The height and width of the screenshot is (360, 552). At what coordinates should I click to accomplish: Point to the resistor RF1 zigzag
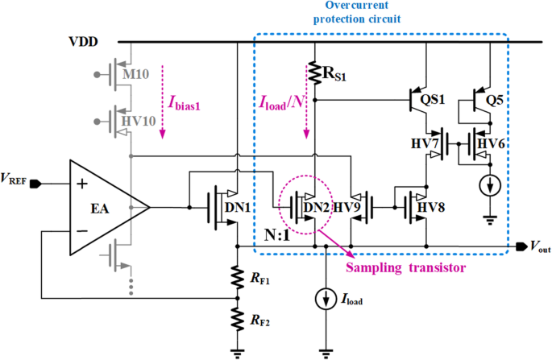[x=236, y=279]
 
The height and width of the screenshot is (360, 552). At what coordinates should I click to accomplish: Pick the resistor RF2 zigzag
[x=236, y=321]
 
